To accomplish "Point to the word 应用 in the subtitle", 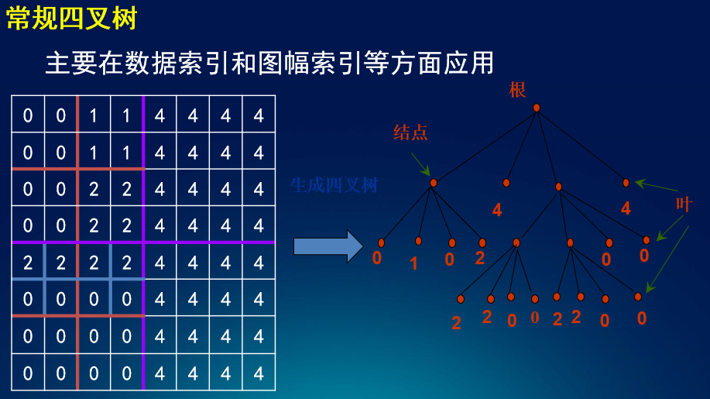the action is point(468,63).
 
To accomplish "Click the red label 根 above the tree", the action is point(517,89).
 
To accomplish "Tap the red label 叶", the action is point(684,205).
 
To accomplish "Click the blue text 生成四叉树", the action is point(334,185).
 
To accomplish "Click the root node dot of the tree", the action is point(537,108).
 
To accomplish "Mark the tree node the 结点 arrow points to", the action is point(434,183).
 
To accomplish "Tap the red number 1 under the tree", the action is point(413,263).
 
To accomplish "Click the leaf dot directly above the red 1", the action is point(418,241).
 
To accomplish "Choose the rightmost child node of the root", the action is point(626,183).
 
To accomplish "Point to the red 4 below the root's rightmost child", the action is point(626,208).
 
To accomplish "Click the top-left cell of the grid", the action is point(28,116).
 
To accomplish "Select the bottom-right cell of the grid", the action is point(259,374).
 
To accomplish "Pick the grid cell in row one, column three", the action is point(94,116).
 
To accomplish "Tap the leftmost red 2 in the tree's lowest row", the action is point(456,323).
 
